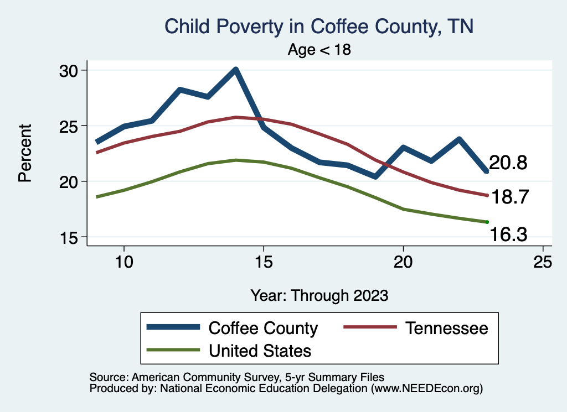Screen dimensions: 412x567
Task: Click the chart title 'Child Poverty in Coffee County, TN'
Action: click(x=319, y=27)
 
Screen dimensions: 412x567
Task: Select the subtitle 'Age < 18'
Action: click(x=319, y=49)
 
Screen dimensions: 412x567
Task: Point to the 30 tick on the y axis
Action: click(x=71, y=70)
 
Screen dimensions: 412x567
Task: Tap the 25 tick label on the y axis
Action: click(x=71, y=126)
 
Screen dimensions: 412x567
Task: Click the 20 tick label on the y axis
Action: click(x=71, y=181)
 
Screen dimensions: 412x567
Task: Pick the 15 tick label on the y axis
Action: click(x=71, y=237)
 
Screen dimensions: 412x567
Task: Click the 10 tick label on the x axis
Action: click(x=124, y=262)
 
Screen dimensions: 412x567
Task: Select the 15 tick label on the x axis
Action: click(x=264, y=262)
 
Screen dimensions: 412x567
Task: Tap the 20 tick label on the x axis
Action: click(x=403, y=262)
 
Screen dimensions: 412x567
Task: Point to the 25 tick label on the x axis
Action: click(x=543, y=262)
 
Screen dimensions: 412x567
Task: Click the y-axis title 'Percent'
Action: click(x=25, y=153)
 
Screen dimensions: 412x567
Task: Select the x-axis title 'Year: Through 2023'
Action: click(x=319, y=295)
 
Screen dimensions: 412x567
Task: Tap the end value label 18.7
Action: click(x=512, y=197)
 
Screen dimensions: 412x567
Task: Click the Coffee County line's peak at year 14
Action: click(x=236, y=70)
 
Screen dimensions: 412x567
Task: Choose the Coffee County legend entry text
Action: click(x=263, y=328)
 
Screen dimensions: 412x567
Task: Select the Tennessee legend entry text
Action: click(x=447, y=328)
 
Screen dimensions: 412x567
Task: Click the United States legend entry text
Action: click(x=260, y=351)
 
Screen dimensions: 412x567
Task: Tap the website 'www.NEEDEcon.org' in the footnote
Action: click(x=426, y=389)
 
